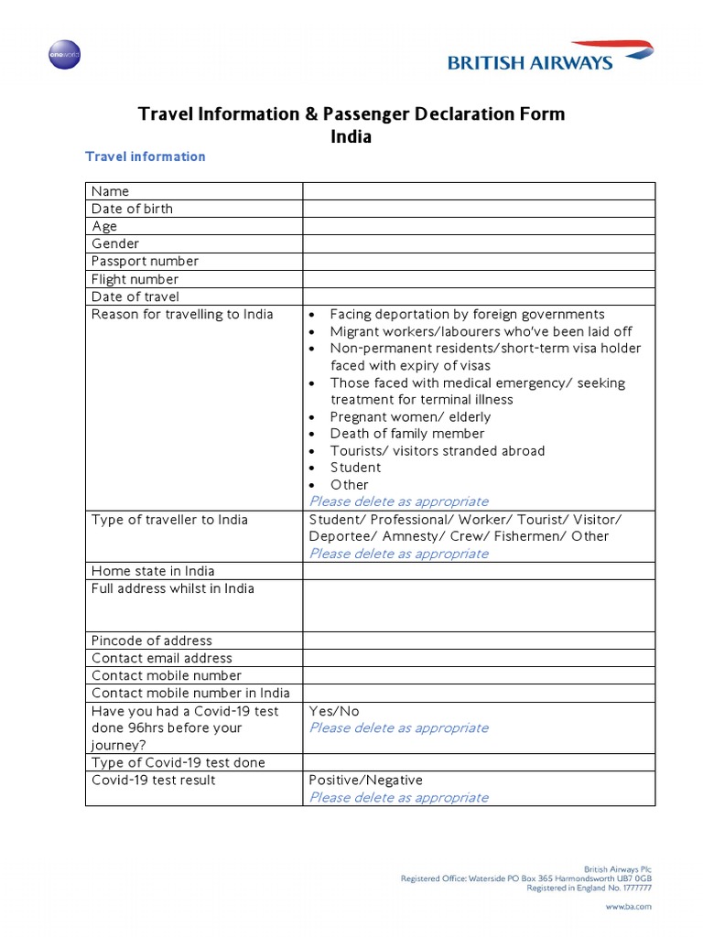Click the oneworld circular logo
click(x=64, y=55)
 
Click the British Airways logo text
click(x=530, y=63)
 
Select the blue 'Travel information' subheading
click(x=145, y=156)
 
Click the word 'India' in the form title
click(x=351, y=137)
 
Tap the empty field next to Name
click(x=478, y=190)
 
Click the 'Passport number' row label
click(x=145, y=261)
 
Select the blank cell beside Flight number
click(x=478, y=279)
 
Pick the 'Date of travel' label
click(x=135, y=296)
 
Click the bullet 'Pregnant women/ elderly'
click(x=410, y=416)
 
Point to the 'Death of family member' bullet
click(x=406, y=434)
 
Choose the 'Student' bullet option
click(x=355, y=468)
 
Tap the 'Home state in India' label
click(x=153, y=571)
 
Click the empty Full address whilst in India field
click(x=478, y=605)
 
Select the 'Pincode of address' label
click(x=151, y=641)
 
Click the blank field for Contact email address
click(x=478, y=658)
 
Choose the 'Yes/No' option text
click(x=334, y=711)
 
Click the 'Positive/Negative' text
click(x=366, y=781)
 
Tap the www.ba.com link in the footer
click(x=628, y=906)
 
